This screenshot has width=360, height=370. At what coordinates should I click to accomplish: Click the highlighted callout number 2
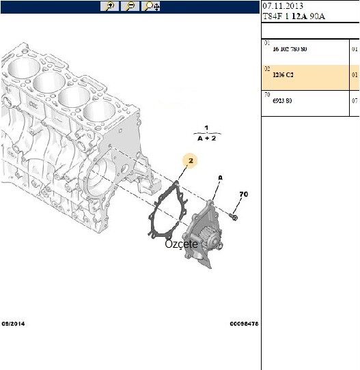click(192, 161)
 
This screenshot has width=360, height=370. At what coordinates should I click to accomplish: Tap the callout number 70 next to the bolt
click(243, 195)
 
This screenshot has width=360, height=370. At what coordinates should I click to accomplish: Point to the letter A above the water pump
click(220, 177)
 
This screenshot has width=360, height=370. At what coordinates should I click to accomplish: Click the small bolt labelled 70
click(234, 217)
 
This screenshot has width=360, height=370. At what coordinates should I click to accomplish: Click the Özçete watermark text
click(181, 244)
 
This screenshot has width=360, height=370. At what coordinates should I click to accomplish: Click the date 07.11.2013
click(282, 5)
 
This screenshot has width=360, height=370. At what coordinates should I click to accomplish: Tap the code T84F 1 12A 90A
click(294, 17)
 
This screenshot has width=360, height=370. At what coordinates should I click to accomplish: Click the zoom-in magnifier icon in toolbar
click(110, 6)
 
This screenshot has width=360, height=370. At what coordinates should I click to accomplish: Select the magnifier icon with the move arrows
click(151, 6)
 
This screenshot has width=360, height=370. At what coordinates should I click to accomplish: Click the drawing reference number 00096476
click(243, 324)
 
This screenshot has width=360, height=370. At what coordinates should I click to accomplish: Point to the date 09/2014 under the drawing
click(14, 324)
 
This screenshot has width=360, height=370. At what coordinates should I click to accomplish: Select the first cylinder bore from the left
click(22, 68)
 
